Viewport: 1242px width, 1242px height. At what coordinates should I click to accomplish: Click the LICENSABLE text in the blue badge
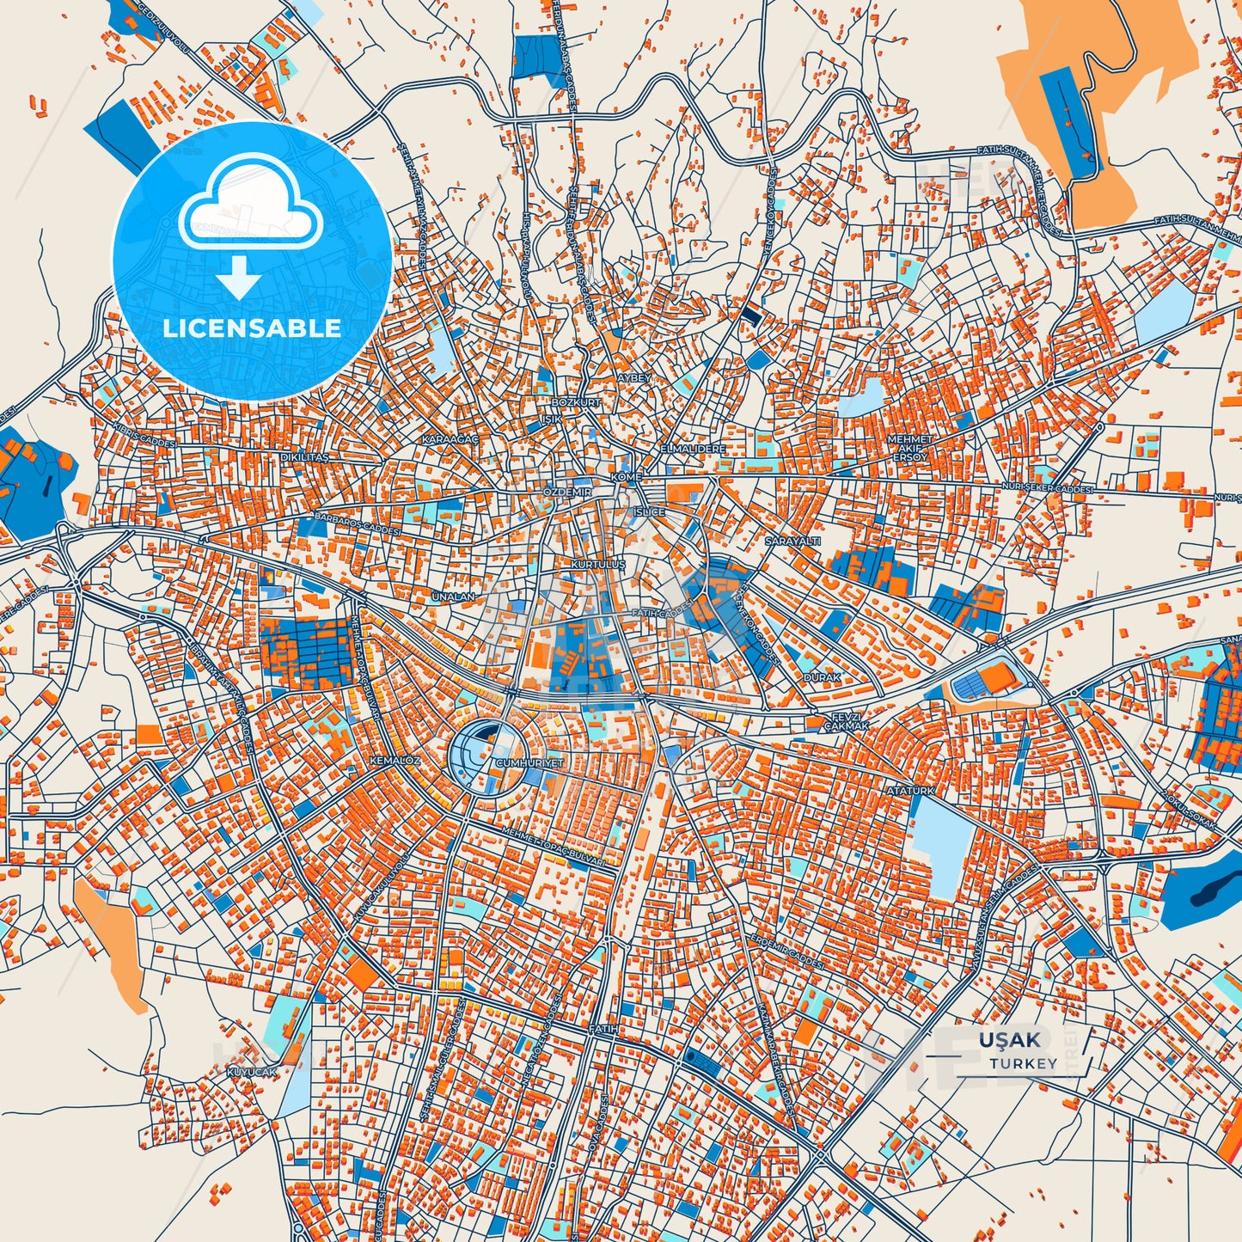coord(252,327)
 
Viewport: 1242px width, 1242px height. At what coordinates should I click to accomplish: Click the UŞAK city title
coord(1009,1040)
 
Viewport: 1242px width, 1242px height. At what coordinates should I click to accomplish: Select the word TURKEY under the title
coord(1023,1063)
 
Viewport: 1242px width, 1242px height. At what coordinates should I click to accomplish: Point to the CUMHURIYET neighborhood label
coord(529,762)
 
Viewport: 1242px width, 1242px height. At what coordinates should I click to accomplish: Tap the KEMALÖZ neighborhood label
coord(395,761)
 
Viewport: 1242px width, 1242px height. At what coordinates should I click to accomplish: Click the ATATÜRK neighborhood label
coord(910,789)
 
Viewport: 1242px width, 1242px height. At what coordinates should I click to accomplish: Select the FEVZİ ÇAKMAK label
coord(847,721)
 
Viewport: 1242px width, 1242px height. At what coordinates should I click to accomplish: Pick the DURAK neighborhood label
coord(822,677)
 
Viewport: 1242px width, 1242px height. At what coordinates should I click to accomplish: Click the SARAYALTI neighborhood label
coord(792,541)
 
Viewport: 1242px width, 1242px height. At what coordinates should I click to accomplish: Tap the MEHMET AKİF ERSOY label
coord(909,447)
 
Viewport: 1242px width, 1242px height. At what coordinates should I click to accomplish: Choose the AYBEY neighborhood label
coord(634,378)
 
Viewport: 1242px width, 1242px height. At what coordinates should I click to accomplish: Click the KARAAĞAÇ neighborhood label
coord(449,439)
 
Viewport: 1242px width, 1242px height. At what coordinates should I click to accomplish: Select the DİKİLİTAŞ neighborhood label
coord(304,457)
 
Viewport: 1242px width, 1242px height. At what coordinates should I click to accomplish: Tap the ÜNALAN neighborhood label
coord(453,596)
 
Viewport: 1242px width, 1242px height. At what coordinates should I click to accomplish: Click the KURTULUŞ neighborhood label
coord(598,564)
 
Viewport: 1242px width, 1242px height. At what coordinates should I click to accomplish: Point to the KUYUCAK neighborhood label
coord(253,1072)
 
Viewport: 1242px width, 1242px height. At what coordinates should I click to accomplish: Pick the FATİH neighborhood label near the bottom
coord(603,1028)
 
